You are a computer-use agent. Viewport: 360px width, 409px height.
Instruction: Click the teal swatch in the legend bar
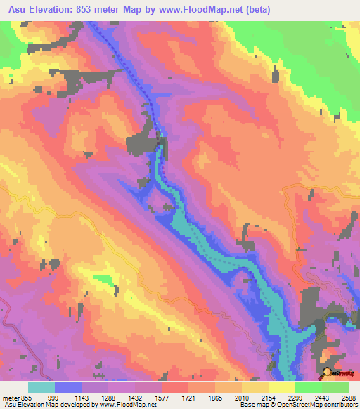[x=41, y=387]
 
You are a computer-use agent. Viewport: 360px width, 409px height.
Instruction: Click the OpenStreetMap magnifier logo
[x=328, y=372]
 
